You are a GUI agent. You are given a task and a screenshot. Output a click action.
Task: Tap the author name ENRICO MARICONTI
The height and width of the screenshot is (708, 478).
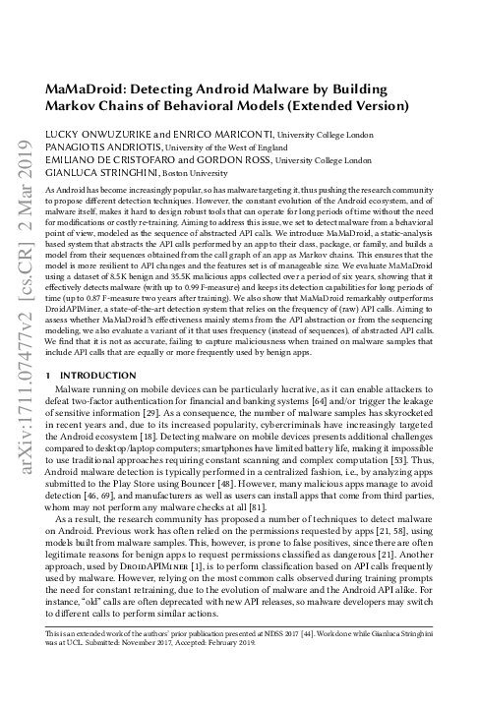(211, 134)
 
